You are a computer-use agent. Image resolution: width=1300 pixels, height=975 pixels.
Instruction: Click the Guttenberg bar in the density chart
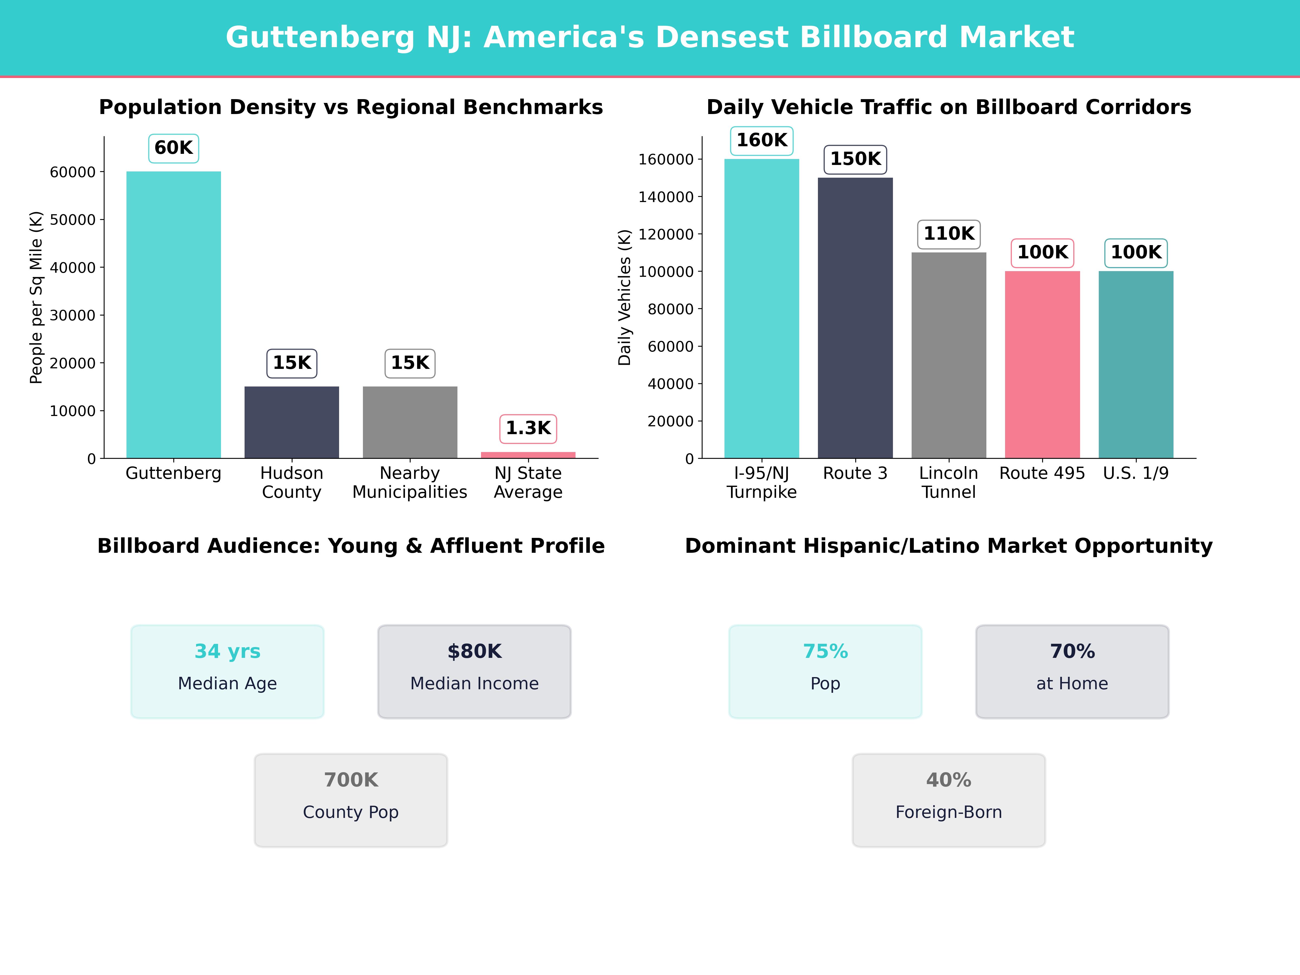point(173,314)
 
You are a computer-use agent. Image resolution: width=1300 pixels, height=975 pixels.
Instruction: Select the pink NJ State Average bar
point(528,455)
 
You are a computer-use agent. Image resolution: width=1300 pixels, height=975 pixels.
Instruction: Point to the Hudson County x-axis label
point(291,483)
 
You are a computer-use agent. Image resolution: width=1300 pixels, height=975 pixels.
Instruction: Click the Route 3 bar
point(855,317)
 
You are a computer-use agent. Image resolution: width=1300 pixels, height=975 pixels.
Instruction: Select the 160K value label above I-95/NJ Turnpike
point(762,141)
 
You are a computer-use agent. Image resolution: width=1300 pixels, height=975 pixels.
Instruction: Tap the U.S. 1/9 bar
point(1135,364)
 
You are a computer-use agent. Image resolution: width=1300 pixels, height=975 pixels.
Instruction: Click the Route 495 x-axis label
point(1042,473)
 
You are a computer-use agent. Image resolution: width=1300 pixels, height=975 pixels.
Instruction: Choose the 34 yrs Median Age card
point(227,671)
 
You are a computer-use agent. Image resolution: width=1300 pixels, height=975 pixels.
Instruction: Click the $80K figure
point(474,651)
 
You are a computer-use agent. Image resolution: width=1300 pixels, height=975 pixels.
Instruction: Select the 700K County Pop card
point(351,800)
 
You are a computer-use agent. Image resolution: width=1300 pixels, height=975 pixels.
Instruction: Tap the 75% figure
point(825,651)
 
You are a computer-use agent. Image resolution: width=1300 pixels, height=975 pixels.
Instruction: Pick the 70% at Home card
point(1072,671)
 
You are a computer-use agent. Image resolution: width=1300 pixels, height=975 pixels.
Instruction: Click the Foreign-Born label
point(948,812)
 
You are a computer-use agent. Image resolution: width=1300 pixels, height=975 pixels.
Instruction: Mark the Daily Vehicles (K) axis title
point(624,297)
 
